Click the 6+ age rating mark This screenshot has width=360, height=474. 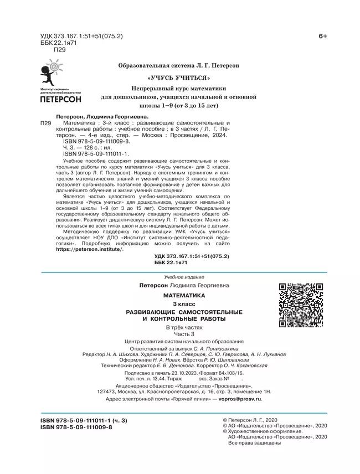point(323,36)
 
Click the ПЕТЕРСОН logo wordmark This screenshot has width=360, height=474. point(61,100)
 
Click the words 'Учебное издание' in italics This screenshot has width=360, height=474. point(184,277)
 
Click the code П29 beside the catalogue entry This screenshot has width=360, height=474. point(45,123)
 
